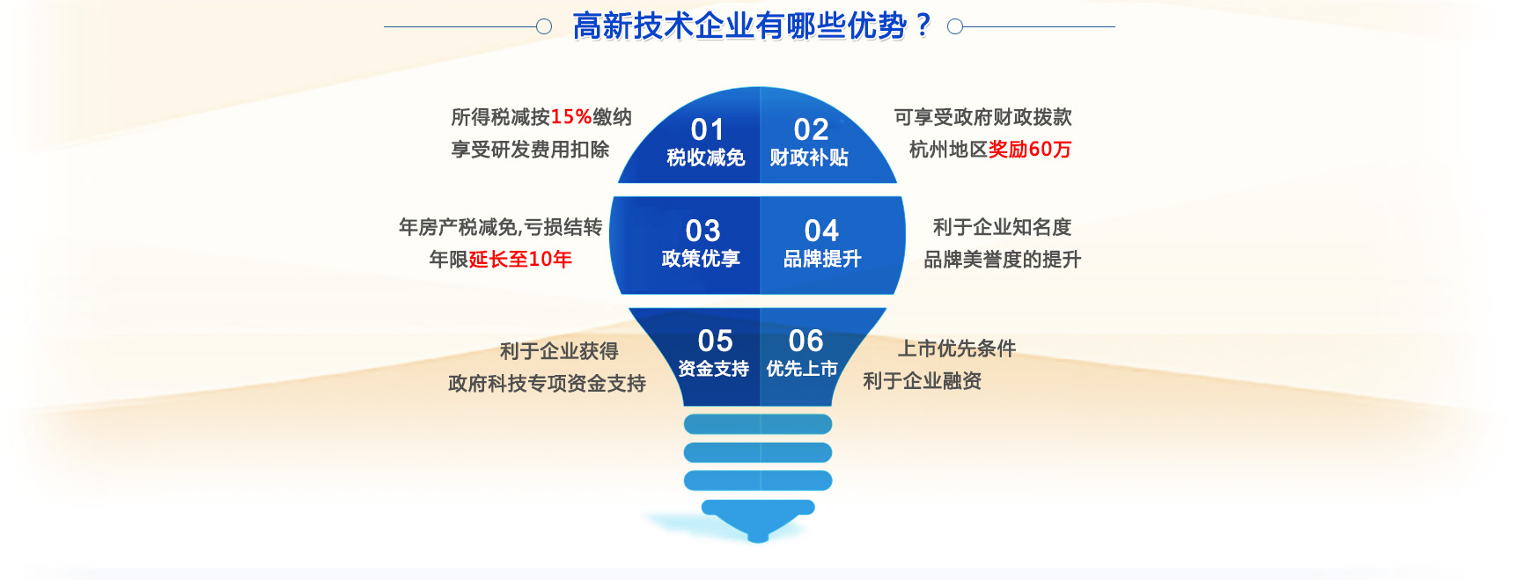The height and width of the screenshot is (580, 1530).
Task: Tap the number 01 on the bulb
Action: (x=707, y=130)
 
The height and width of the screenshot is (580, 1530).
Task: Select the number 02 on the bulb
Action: (x=811, y=130)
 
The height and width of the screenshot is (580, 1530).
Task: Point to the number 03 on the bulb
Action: (x=702, y=231)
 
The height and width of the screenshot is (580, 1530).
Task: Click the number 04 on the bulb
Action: (x=821, y=231)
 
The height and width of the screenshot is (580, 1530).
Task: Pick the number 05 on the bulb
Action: (x=715, y=341)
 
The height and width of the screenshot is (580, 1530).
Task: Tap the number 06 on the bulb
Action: (x=805, y=341)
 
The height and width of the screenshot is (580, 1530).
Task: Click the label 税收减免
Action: (x=706, y=158)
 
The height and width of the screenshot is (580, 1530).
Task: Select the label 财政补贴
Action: (x=809, y=158)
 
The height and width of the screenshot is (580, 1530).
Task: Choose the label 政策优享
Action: (x=701, y=259)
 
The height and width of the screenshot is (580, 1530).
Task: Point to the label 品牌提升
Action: (x=822, y=259)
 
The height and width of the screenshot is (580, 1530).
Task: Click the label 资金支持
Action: (x=713, y=369)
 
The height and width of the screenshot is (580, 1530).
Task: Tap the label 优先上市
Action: (x=801, y=369)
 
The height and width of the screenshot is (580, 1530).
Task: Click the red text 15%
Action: (x=571, y=117)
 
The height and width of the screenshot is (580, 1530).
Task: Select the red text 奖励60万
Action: (x=1030, y=150)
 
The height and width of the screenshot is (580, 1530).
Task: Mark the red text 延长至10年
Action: (x=520, y=259)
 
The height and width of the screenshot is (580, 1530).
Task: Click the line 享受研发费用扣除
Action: (x=530, y=150)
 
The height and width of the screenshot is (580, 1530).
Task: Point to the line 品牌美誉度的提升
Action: (x=1002, y=260)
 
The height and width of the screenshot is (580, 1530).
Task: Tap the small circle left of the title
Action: (x=544, y=26)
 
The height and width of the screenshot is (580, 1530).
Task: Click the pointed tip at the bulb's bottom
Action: (x=758, y=540)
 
